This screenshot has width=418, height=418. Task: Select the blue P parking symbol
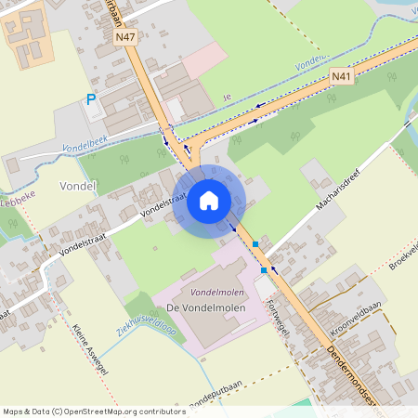click(91, 99)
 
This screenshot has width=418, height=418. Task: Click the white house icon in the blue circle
click(208, 200)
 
